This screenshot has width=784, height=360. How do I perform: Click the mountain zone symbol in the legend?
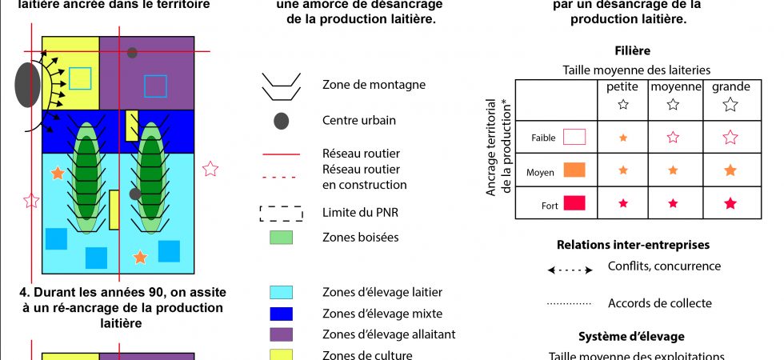pos(281,86)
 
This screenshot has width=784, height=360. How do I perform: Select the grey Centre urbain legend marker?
pos(281,122)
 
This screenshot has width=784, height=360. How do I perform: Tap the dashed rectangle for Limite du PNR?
pos(281,214)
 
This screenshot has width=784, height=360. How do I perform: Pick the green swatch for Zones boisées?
pos(281,237)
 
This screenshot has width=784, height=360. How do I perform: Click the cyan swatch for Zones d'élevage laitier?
pos(281,292)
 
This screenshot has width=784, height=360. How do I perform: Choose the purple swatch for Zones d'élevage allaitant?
pos(281,334)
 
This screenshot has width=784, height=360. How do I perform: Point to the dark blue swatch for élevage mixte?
pos(281,314)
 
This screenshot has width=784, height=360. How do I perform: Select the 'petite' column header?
pos(623,86)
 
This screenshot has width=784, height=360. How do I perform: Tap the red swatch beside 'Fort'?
pos(574,204)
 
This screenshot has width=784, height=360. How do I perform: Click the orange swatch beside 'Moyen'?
pos(574,170)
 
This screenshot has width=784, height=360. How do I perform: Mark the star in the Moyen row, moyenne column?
pos(673,170)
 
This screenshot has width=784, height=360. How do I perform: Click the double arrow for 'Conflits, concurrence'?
pos(570,270)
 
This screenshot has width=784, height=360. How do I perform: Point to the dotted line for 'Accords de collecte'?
pos(570,304)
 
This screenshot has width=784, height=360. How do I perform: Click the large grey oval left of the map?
pos(27,85)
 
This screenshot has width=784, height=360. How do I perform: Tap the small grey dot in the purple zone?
pos(132,53)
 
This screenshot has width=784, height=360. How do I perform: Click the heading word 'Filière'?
pos(633,50)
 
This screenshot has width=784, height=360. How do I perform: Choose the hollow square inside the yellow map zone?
pos(80,78)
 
